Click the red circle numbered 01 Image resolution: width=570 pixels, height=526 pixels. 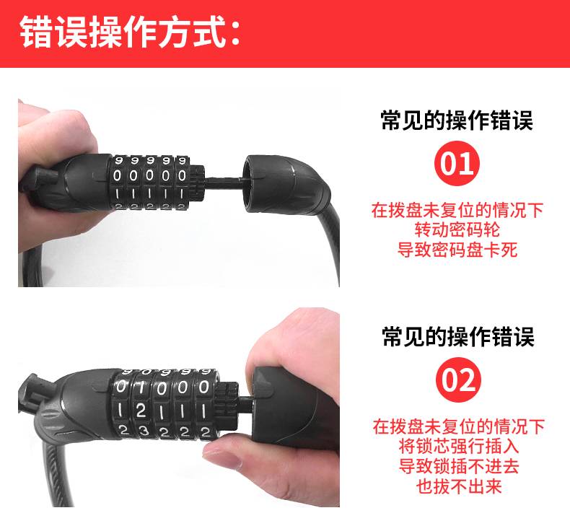pos(457,164)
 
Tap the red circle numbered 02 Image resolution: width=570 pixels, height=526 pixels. pos(458,380)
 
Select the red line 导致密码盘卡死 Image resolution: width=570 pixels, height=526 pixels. pos(457,250)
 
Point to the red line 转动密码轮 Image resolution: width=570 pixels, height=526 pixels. pos(457,229)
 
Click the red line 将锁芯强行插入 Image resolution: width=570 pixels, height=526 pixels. pos(458,446)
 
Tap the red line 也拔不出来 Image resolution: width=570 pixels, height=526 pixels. pos(458,486)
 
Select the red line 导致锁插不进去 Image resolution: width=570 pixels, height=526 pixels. pos(458,466)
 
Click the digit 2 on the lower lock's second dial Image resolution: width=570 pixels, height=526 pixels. pos(141,411)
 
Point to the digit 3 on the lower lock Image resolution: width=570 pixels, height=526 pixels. pos(144,431)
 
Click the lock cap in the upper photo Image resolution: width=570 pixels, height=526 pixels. pos(286,184)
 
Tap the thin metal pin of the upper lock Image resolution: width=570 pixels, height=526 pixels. pos(223,179)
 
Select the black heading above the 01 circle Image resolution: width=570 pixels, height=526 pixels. pos(457,120)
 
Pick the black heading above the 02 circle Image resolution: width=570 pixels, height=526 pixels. pos(458,336)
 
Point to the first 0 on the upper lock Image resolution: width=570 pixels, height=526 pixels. pos(117,176)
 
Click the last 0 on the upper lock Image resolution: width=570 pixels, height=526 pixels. pos(182,176)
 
